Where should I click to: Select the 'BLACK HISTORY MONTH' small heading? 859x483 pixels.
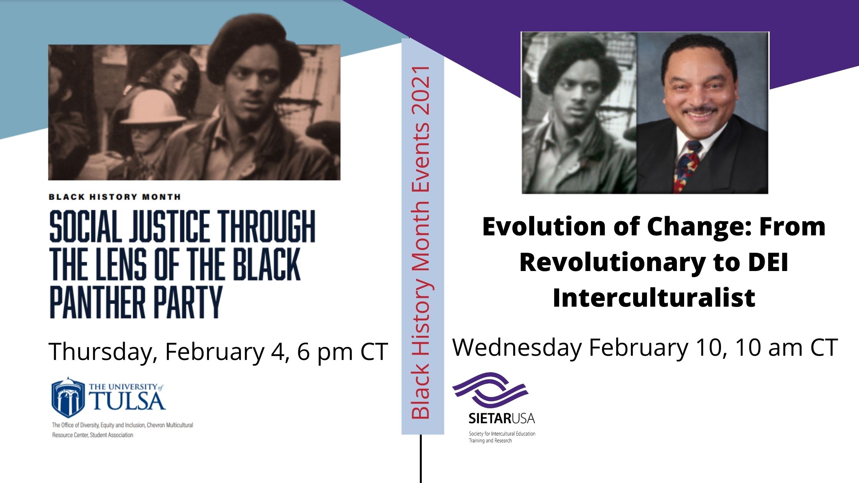114,197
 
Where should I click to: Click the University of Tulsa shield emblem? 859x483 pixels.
68,398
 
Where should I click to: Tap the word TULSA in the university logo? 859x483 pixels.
128,401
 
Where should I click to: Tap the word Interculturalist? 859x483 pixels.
654,298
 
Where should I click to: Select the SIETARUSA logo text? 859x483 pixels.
502,418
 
